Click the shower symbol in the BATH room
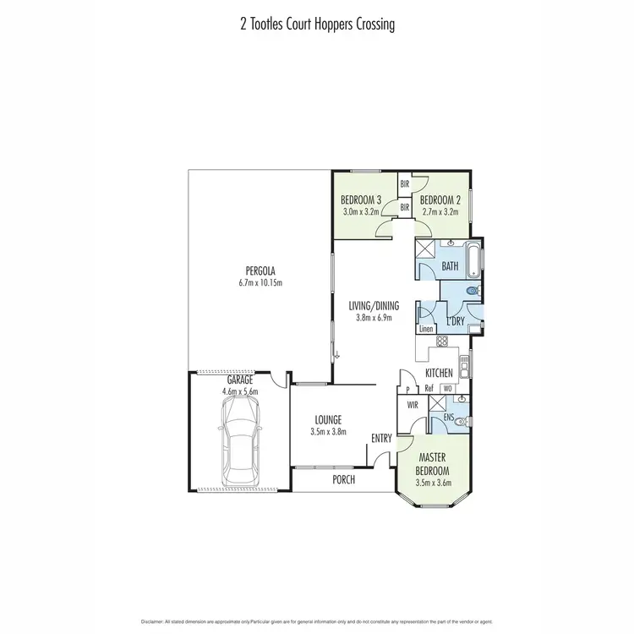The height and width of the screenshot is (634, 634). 425,250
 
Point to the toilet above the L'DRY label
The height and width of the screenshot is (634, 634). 472,292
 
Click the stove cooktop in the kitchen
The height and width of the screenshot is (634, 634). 440,341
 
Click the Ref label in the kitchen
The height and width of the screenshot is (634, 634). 430,389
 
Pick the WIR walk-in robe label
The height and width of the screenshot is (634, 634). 413,405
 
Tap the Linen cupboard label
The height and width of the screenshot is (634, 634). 427,328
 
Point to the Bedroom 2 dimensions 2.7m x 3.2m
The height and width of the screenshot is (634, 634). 440,211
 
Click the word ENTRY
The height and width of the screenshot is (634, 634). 381,438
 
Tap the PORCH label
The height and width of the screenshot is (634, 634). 342,479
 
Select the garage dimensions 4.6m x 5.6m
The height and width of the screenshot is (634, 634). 240,392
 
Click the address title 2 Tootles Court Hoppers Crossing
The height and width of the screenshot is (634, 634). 317,25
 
